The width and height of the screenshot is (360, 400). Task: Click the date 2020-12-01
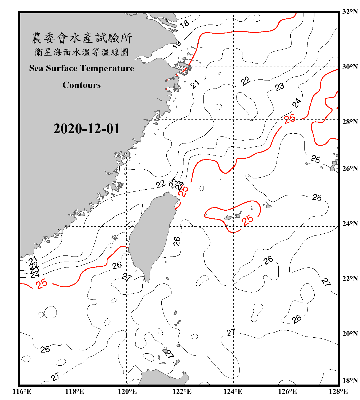pyautogui.click(x=87, y=129)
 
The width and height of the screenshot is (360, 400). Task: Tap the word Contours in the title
pyautogui.click(x=82, y=85)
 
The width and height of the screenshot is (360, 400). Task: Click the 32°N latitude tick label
pyautogui.click(x=350, y=12)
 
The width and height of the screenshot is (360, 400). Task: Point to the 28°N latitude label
pyautogui.click(x=350, y=122)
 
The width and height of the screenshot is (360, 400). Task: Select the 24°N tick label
pyautogui.click(x=350, y=223)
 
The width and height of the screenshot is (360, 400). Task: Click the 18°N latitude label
pyautogui.click(x=350, y=381)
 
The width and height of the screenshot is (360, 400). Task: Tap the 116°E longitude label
pyautogui.click(x=22, y=391)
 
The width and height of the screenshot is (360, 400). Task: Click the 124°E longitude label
pyautogui.click(x=233, y=391)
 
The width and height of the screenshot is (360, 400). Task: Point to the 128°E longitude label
pyautogui.click(x=338, y=391)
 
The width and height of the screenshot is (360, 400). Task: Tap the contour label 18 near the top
pyautogui.click(x=184, y=24)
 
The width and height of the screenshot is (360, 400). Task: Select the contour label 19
pyautogui.click(x=177, y=44)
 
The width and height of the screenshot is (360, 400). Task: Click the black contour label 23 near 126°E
pyautogui.click(x=280, y=87)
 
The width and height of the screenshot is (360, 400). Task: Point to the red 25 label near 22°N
pyautogui.click(x=42, y=284)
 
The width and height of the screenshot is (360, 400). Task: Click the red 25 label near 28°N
pyautogui.click(x=290, y=119)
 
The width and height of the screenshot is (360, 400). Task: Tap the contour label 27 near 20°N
pyautogui.click(x=231, y=332)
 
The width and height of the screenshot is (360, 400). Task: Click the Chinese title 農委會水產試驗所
pyautogui.click(x=82, y=38)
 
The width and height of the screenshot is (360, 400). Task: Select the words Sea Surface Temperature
pyautogui.click(x=82, y=68)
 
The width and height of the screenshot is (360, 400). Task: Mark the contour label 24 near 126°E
pyautogui.click(x=297, y=103)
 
